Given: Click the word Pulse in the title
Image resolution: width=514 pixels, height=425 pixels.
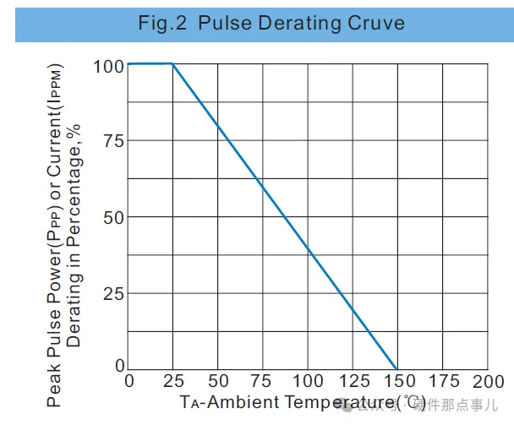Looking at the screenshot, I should (x=221, y=23).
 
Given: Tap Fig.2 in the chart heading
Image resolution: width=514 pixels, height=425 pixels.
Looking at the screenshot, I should (x=162, y=23).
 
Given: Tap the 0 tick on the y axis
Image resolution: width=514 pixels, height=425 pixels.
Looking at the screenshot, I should (x=119, y=366).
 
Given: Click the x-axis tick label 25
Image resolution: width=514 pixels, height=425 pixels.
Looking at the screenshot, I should (x=173, y=381).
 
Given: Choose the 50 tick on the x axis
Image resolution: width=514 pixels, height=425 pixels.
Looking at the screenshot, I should (x=218, y=381).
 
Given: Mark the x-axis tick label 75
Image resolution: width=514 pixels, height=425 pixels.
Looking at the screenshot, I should (x=263, y=381).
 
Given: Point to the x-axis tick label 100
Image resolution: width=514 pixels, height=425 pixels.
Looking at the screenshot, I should (x=308, y=381).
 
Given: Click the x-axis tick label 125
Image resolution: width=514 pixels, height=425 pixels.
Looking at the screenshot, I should (x=353, y=381).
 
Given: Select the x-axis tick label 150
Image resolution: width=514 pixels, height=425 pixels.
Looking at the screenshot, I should (x=397, y=381).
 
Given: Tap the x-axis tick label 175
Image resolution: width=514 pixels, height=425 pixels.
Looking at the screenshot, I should (x=443, y=381).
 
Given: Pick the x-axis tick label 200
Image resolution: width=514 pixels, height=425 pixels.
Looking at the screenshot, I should (x=488, y=381).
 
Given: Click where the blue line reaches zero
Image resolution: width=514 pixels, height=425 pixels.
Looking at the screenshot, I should (x=397, y=368).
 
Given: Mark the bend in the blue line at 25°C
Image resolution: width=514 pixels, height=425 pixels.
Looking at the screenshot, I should (x=173, y=63).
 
